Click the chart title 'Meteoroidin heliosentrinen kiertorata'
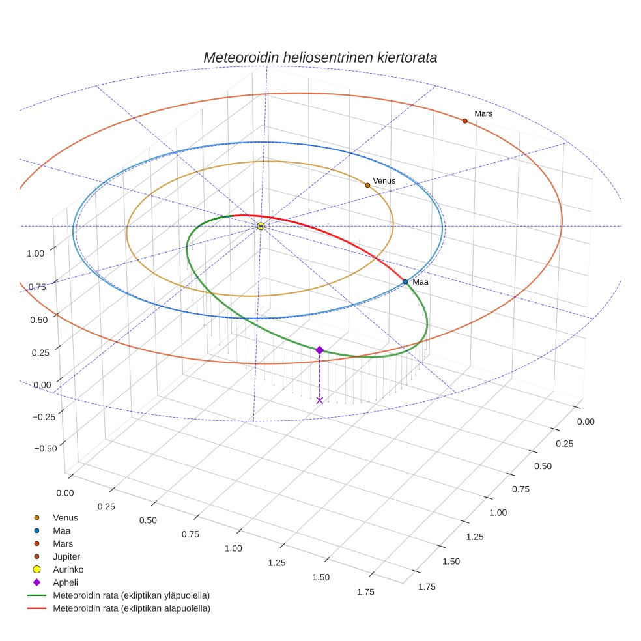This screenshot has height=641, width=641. click(320, 57)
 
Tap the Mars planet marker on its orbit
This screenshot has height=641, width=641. click(464, 121)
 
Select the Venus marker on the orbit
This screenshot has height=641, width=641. click(367, 185)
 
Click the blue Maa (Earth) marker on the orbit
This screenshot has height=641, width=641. click(405, 282)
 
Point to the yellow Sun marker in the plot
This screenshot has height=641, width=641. click(261, 226)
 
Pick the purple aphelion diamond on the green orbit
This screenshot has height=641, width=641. click(319, 350)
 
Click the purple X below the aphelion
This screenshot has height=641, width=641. click(319, 400)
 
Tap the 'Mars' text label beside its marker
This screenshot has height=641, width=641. click(483, 113)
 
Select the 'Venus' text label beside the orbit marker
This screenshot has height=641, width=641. click(384, 180)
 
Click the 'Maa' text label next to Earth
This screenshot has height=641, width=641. click(420, 282)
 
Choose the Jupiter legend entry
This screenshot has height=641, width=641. click(66, 556)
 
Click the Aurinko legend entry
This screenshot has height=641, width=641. click(68, 569)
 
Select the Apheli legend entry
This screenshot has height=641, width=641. click(65, 582)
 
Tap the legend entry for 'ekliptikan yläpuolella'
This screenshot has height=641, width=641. click(131, 595)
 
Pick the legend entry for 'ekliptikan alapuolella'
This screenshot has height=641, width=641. click(131, 608)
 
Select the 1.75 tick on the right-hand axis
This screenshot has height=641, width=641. click(426, 586)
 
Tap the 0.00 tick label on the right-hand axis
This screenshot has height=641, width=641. click(586, 421)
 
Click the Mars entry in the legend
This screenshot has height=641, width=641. click(63, 543)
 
